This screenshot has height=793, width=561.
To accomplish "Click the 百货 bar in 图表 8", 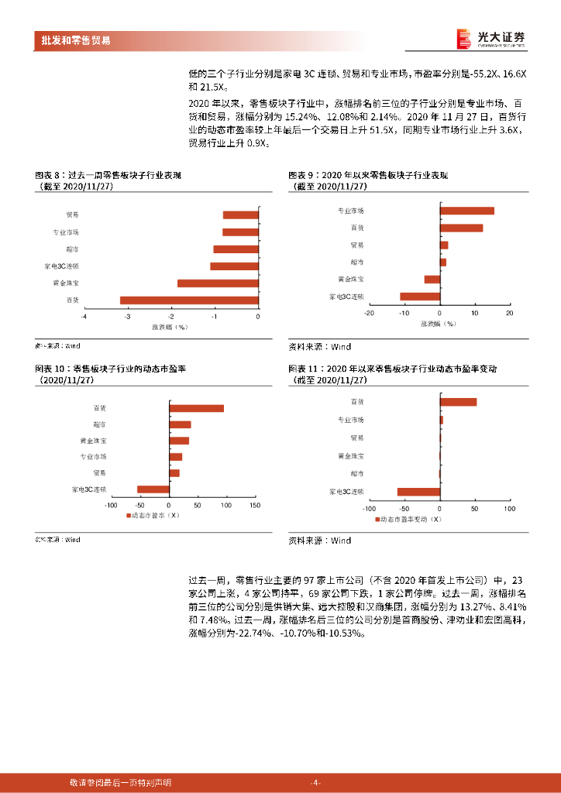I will (x=189, y=300).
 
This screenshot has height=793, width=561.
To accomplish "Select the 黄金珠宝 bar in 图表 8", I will (x=218, y=283).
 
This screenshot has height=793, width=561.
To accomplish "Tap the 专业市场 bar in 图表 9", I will (x=466, y=211).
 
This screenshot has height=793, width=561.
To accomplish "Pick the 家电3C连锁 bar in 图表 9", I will (x=419, y=296).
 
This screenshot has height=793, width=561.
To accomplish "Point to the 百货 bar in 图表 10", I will (x=197, y=408).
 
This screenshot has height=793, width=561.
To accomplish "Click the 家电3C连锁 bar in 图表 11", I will (x=418, y=491).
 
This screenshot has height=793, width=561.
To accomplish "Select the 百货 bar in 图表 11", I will (x=458, y=401).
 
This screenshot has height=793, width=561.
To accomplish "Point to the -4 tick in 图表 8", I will (x=84, y=316).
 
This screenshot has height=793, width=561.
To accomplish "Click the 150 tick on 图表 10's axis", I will (x=253, y=505).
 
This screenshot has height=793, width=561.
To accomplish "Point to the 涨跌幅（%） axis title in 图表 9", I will (x=438, y=324).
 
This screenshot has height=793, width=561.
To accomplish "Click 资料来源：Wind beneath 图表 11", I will (x=319, y=540).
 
